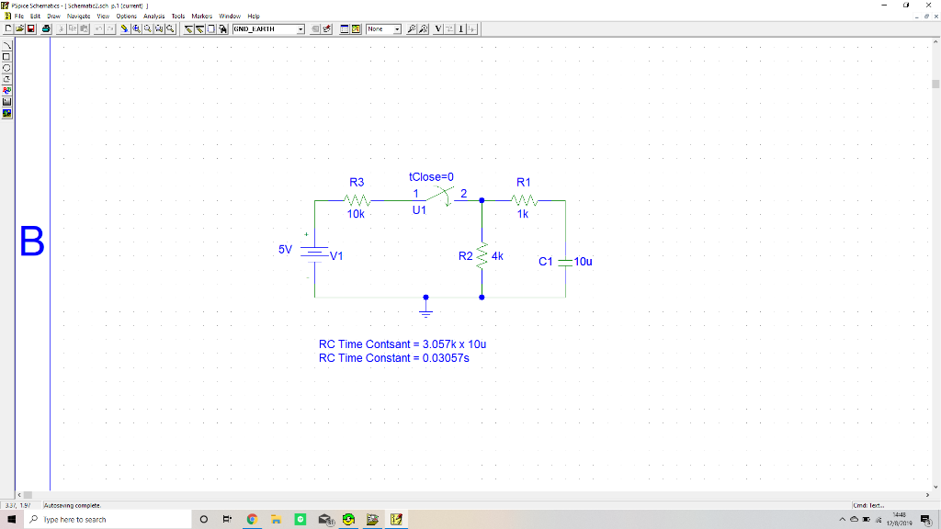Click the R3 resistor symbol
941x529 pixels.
coord(357,199)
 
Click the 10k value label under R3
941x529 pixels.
coord(356,214)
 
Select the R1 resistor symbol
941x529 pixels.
coord(524,199)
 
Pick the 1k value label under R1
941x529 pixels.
coord(523,214)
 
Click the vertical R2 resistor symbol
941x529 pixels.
coord(482,256)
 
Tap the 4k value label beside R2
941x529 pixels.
coord(498,256)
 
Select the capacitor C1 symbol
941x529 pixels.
coord(565,262)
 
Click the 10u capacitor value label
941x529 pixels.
coord(584,262)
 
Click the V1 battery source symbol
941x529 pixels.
coord(314,254)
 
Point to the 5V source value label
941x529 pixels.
coord(285,249)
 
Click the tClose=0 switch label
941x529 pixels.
coord(432,176)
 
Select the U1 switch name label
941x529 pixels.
coord(419,210)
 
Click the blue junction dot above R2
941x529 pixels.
coord(482,199)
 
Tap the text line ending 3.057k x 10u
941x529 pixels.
coord(402,344)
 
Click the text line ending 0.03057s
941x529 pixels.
coord(394,357)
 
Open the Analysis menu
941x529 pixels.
coord(154,17)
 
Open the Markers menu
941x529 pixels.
coord(201,17)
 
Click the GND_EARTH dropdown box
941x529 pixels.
coord(267,29)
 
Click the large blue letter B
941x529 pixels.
coord(31,242)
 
